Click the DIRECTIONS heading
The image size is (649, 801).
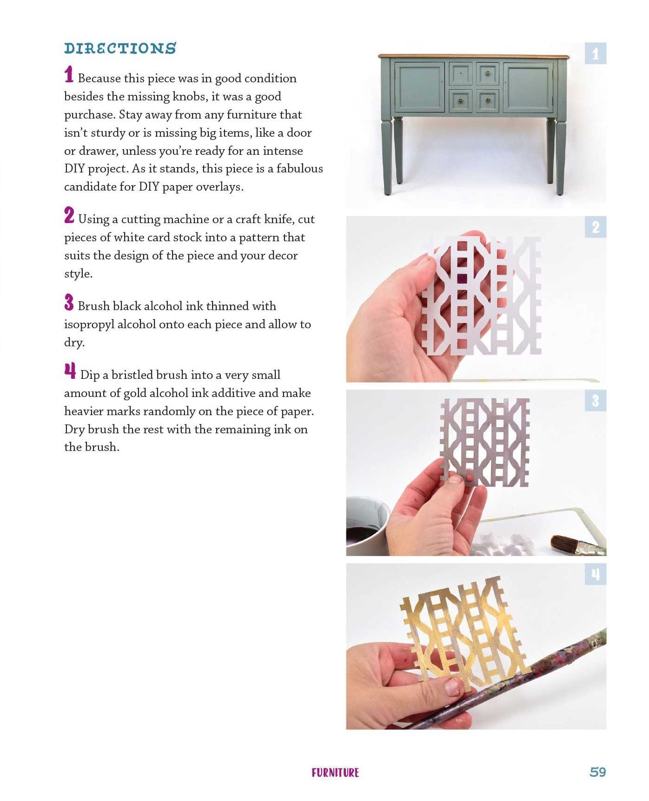120,48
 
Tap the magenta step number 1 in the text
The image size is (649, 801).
69,75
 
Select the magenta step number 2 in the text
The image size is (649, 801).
69,215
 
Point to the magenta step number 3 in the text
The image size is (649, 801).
69,302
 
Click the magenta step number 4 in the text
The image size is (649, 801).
70,371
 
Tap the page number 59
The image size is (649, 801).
597,772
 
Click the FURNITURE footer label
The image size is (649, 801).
335,773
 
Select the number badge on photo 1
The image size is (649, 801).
596,53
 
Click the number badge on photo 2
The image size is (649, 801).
596,227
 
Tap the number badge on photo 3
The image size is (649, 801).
596,401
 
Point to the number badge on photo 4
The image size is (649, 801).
596,575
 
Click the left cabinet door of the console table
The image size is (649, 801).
420,87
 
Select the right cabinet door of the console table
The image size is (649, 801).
528,87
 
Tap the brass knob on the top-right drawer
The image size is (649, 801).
488,73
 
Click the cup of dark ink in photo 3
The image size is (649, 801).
367,525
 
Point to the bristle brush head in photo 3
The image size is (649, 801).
564,543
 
